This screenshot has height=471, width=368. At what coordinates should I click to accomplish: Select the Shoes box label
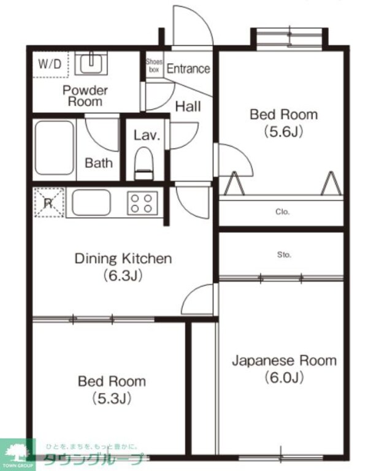tap(153, 65)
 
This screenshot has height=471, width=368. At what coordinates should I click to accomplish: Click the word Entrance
tap(188, 69)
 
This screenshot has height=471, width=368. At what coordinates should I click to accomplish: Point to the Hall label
tap(188, 106)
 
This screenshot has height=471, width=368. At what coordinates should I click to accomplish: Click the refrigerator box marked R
tap(48, 202)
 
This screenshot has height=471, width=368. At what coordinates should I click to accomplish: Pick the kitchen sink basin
tap(91, 202)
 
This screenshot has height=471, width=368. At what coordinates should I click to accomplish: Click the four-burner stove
tap(142, 202)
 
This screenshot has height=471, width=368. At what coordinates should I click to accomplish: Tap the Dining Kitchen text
tap(123, 258)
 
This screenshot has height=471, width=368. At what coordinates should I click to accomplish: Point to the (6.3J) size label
tap(123, 275)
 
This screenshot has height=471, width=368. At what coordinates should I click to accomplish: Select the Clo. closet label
tap(282, 212)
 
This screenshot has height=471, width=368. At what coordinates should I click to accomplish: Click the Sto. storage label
tap(284, 254)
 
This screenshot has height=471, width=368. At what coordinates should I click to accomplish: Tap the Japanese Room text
tap(284, 361)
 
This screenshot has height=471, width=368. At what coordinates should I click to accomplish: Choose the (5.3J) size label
tap(112, 398)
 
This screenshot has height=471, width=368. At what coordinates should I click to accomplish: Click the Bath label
tap(99, 163)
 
